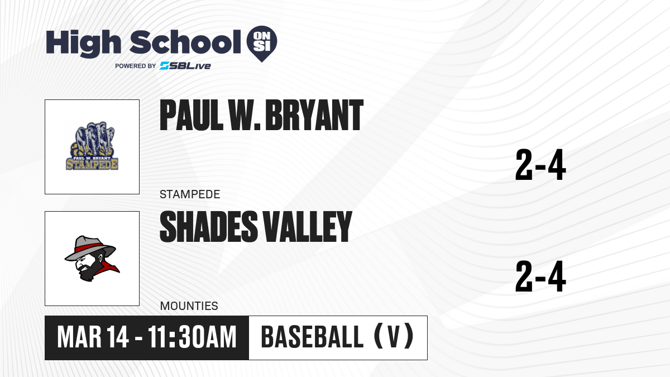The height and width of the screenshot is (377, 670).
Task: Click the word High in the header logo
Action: (x=83, y=44)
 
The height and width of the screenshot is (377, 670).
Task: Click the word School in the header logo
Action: (x=185, y=42)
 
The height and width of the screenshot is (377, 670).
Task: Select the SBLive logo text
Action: (x=185, y=66)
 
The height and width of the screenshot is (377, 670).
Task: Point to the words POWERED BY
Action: (x=136, y=66)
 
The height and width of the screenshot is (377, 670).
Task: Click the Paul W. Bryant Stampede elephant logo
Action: (x=92, y=146)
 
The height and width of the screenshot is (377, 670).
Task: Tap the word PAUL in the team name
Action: (x=192, y=115)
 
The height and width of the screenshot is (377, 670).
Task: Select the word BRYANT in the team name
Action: (x=314, y=115)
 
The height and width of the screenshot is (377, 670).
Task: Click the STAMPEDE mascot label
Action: (x=190, y=194)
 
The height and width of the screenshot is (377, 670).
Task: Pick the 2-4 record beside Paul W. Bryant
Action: (x=540, y=165)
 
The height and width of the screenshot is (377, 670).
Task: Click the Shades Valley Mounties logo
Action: (x=92, y=259)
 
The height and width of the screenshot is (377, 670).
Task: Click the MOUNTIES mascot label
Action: (x=189, y=306)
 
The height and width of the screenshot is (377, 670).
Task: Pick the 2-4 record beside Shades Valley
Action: (x=540, y=276)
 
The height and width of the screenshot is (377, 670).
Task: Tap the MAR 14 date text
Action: (x=93, y=337)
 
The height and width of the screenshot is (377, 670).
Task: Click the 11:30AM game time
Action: (x=192, y=337)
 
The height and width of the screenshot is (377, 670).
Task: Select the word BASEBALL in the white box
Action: (x=312, y=337)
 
